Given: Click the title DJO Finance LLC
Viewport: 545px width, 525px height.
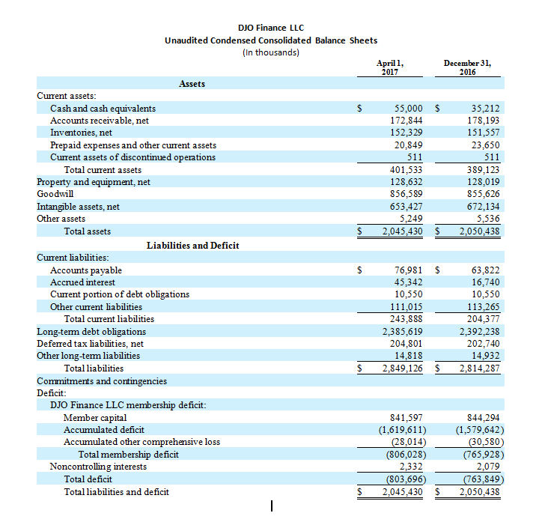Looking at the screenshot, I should (x=271, y=28).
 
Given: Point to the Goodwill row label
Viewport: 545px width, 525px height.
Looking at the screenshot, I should (x=55, y=194).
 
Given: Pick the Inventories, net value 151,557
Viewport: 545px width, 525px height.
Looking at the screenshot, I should (x=481, y=133).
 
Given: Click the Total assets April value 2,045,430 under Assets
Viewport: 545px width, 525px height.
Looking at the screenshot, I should (x=403, y=231).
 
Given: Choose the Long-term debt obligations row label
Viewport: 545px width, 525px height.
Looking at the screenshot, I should (x=91, y=331).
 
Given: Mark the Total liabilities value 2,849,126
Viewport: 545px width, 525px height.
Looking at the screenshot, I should (x=403, y=368).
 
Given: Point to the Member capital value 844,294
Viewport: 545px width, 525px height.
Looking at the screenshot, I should (x=481, y=417).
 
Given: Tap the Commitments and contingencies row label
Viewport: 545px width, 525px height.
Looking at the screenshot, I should (x=102, y=380).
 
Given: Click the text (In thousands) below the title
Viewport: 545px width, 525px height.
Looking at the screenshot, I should (x=271, y=52).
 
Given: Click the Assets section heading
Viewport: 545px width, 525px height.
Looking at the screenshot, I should (x=192, y=84).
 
